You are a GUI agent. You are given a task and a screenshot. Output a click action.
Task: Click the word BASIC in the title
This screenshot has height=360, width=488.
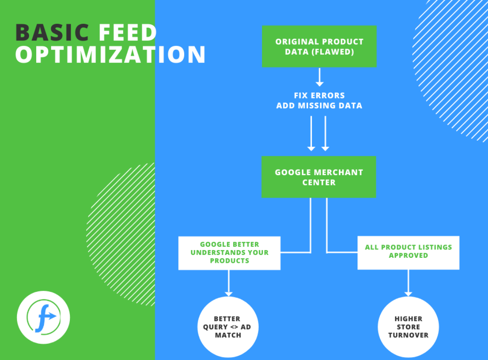[x=52, y=33]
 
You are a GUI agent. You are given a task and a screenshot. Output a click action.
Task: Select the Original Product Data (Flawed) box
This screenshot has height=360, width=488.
[x=319, y=46]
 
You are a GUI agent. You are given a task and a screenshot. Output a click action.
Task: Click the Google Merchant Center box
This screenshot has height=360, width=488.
[x=319, y=177]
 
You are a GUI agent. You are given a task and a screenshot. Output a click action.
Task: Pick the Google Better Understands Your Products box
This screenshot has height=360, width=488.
[x=229, y=253]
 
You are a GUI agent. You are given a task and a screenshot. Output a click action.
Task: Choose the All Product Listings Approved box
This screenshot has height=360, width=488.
[x=408, y=253]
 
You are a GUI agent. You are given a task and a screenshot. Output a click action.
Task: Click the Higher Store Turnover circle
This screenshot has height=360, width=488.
[x=408, y=327]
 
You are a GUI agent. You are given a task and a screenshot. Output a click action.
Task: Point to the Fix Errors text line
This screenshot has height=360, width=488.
[x=319, y=95]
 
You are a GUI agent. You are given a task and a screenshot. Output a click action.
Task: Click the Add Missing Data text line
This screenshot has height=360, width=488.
[x=319, y=106]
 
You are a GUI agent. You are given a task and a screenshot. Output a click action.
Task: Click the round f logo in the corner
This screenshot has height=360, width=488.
[x=43, y=317]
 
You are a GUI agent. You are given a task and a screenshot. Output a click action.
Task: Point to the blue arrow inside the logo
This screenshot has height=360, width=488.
[x=50, y=317]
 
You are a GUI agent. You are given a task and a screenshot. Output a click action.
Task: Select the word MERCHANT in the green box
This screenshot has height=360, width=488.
[x=339, y=173]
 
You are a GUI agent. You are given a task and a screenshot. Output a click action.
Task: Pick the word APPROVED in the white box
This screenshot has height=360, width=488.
[x=408, y=256]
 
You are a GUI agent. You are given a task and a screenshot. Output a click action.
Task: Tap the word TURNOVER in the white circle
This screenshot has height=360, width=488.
[x=408, y=335]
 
